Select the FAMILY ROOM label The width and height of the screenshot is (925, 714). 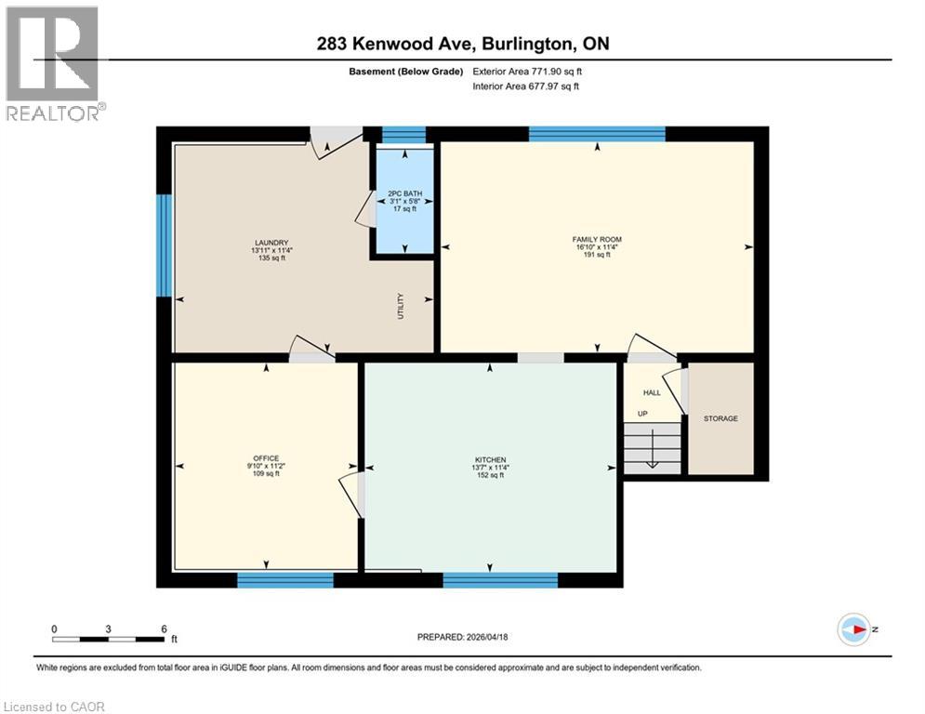coord(596,240)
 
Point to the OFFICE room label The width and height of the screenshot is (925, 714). coord(265,457)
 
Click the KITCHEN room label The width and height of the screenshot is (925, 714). coord(490,460)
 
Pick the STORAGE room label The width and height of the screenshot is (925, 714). coord(720,418)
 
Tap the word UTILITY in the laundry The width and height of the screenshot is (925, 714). coord(401,307)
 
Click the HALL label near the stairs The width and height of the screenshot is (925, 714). coord(652,392)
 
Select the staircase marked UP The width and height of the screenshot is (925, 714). coord(652,446)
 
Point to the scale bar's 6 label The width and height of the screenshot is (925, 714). coord(164,629)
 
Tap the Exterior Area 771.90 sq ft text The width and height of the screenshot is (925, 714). coord(527,71)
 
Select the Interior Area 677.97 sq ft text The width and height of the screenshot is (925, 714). coord(526,86)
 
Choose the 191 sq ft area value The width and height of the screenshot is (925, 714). coord(596,255)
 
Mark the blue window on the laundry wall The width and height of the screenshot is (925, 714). coord(164,245)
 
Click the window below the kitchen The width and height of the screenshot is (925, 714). coord(500,581)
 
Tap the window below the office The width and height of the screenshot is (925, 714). coord(285,581)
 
